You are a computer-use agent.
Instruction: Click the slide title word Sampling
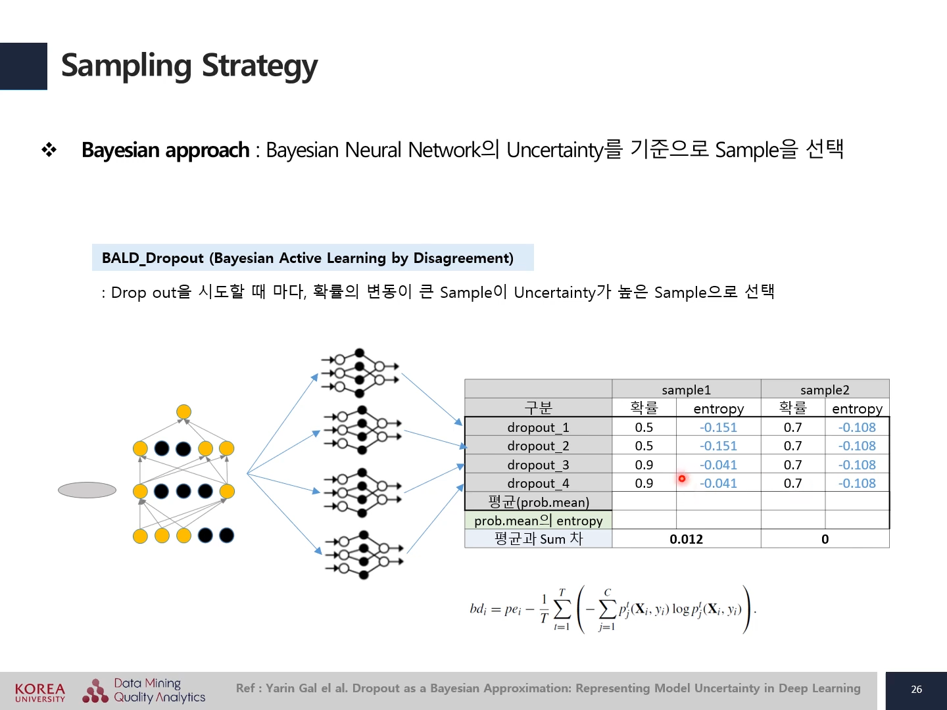tap(126, 66)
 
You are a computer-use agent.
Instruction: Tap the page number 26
tap(916, 689)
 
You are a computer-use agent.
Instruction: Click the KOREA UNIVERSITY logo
tap(40, 692)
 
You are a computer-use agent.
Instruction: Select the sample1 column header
tap(686, 390)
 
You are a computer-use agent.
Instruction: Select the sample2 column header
tap(825, 390)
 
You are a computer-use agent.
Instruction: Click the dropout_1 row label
tap(538, 427)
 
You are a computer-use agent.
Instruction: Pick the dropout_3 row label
tap(538, 465)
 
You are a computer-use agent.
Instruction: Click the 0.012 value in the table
tap(686, 539)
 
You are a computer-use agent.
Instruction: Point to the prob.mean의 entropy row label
tap(538, 521)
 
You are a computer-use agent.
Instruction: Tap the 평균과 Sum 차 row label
tap(538, 539)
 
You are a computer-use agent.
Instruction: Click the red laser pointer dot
tap(682, 479)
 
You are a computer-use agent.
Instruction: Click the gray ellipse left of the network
tap(87, 490)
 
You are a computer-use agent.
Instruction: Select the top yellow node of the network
tap(183, 412)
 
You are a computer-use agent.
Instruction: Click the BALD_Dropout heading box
tap(312, 258)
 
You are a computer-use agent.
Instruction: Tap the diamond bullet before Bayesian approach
tap(49, 150)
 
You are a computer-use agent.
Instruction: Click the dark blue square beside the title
tap(23, 66)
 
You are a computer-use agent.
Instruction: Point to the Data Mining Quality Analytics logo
tap(144, 690)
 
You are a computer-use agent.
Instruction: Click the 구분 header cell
tap(538, 408)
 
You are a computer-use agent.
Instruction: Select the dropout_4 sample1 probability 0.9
tap(644, 483)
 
